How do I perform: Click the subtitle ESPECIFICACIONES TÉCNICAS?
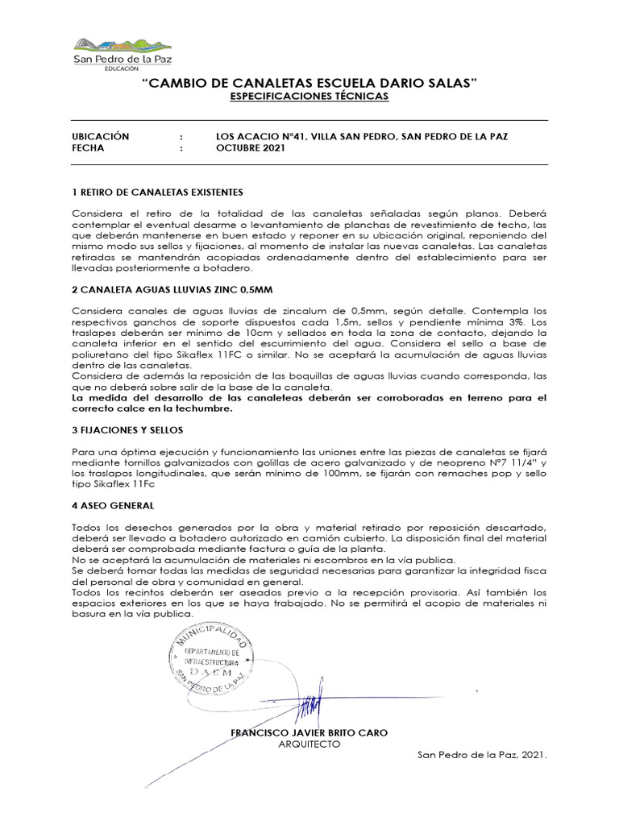pos(309,96)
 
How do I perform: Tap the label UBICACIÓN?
pos(101,137)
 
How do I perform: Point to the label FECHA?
pos(88,148)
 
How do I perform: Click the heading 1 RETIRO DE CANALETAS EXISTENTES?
pos(157,193)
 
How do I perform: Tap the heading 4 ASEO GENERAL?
pos(113,506)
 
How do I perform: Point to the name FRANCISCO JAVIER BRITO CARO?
pos(309,732)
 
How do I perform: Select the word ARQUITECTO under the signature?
pos(309,744)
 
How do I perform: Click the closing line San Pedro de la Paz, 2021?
pos(482,756)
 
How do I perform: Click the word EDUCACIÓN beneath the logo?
pos(122,70)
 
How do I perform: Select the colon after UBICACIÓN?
pos(181,137)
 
